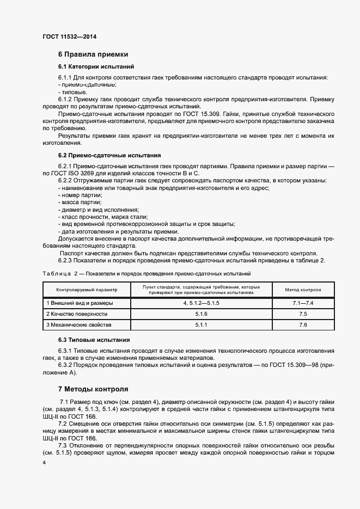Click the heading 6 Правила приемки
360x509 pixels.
[93, 54]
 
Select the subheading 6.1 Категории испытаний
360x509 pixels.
[91, 66]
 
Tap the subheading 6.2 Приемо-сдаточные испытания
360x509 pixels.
[109, 155]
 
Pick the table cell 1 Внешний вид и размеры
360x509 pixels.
[80, 303]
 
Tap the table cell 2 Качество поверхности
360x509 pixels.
[77, 314]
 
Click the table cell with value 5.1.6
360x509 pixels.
[201, 314]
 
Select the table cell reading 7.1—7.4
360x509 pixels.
[303, 303]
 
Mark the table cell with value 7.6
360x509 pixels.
[303, 324]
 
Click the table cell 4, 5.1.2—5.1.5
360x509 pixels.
[201, 303]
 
